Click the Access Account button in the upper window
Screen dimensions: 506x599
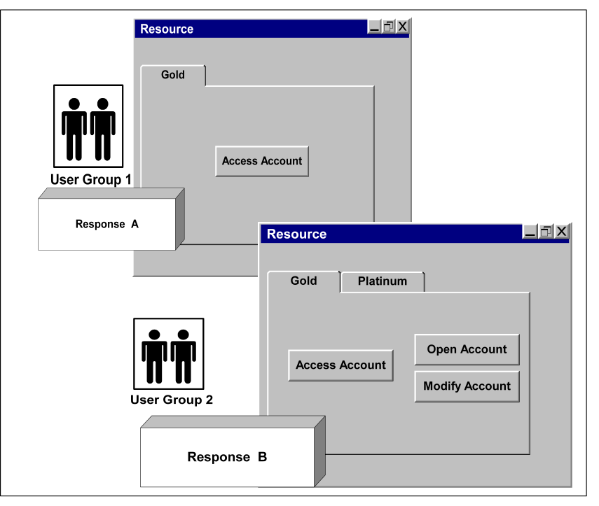(262, 161)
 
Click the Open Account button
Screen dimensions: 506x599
(467, 349)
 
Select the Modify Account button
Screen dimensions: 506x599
(467, 386)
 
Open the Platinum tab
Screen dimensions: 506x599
(383, 281)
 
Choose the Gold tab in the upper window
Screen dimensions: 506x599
(173, 75)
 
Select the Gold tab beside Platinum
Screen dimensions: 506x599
(303, 281)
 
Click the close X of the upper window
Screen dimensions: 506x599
(403, 27)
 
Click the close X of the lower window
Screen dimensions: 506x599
(562, 232)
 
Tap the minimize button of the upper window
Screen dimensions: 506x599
(375, 27)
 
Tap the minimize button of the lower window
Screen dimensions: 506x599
(531, 232)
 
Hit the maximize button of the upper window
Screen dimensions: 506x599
(389, 27)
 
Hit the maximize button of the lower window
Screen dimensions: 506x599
(546, 232)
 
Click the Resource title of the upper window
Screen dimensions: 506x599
(167, 29)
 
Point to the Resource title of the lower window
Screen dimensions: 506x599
(296, 234)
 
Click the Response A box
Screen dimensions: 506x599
(106, 225)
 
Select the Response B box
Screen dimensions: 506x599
(227, 458)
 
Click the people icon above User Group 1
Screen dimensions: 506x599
(88, 126)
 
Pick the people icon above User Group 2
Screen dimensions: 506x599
(168, 354)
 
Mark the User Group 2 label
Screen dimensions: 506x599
(172, 400)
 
